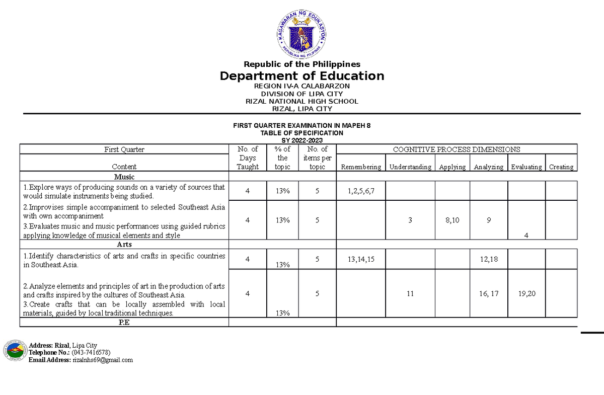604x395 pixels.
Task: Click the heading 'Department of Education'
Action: pos(301,76)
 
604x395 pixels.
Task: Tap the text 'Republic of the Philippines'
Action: pos(301,64)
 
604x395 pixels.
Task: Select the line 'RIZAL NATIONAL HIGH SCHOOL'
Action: pos(301,101)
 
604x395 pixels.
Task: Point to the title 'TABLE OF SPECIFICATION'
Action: pos(301,133)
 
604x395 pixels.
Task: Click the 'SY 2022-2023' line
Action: pos(301,140)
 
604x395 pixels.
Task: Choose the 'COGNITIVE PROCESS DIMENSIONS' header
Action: pos(456,149)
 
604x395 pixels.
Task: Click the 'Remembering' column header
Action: pos(360,167)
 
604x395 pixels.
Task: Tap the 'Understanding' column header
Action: pos(410,167)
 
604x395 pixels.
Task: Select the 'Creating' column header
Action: pos(561,167)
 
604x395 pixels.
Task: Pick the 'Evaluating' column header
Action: pos(526,167)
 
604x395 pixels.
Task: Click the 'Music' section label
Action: pos(124,177)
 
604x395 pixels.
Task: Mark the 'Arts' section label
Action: pos(124,245)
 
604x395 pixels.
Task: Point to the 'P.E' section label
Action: pos(124,323)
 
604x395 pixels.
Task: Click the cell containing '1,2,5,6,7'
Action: pos(360,191)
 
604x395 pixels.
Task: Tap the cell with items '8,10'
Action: pos(452,220)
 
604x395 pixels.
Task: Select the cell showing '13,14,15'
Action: pos(360,259)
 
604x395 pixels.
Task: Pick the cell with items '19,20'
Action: pos(526,294)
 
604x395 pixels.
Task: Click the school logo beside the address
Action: pos(14,351)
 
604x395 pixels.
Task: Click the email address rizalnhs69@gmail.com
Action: pos(103,360)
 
